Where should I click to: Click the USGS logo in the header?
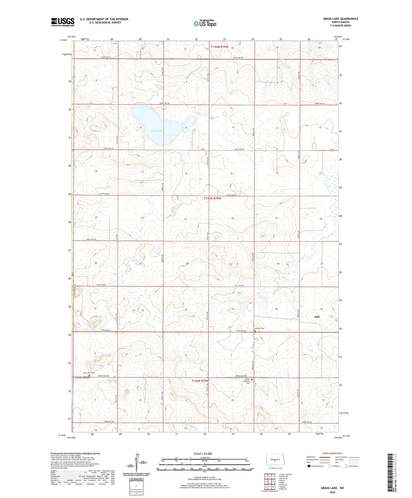[63, 22]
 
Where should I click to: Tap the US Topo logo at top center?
[205, 23]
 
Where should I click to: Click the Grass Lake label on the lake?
[157, 131]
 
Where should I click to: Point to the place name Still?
[317, 317]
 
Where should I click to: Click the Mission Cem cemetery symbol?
[255, 331]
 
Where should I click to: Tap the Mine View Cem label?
[89, 373]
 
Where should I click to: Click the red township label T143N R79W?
[212, 198]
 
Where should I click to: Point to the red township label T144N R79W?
[220, 47]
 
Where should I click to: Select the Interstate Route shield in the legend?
[310, 466]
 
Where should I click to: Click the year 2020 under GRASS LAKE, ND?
[332, 492]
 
